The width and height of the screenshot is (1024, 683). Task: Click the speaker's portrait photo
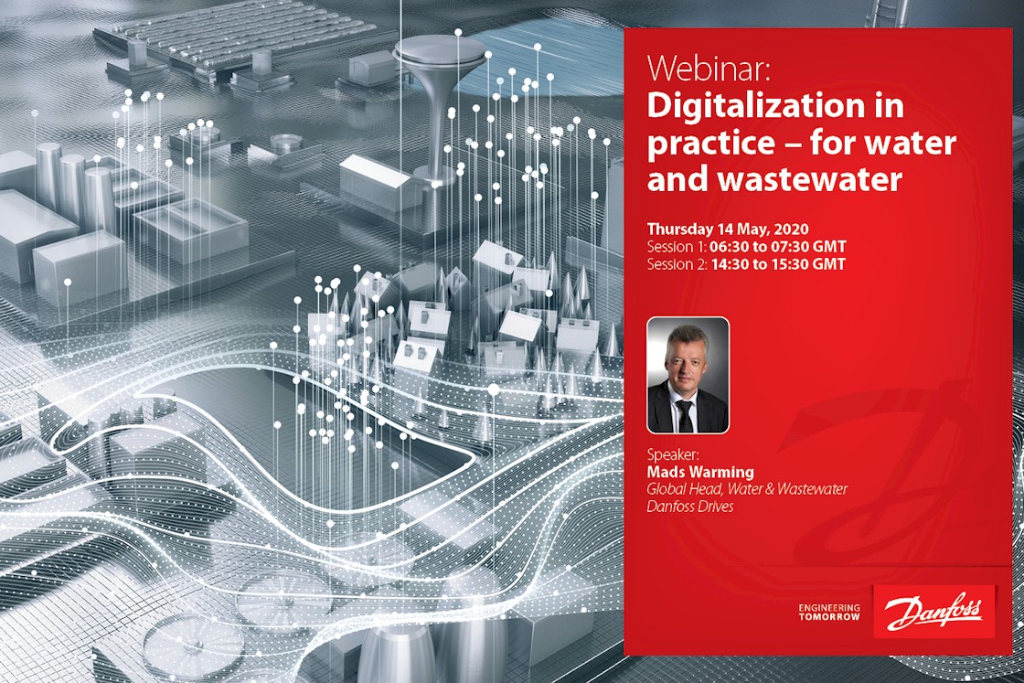pyautogui.click(x=688, y=375)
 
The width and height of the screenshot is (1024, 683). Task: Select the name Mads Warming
pyautogui.click(x=700, y=472)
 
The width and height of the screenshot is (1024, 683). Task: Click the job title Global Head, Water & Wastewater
pyautogui.click(x=747, y=489)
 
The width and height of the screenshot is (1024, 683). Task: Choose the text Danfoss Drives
pyautogui.click(x=690, y=506)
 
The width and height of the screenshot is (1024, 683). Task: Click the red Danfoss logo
pyautogui.click(x=933, y=611)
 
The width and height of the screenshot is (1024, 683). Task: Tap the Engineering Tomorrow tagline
pyautogui.click(x=828, y=612)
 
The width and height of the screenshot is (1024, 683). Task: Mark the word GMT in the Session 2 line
pyautogui.click(x=828, y=264)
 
